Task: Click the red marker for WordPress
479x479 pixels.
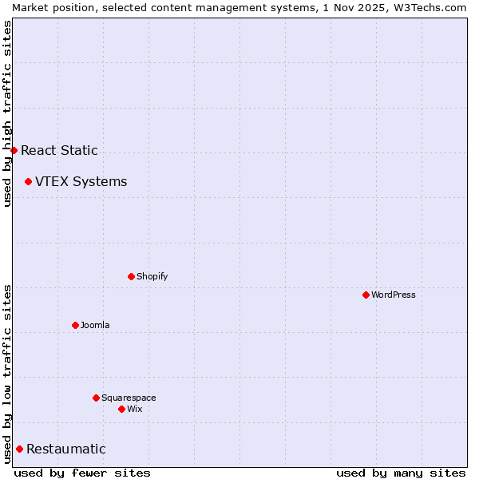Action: pos(366,295)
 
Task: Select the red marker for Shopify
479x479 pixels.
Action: pos(131,276)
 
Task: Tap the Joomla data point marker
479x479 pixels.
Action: pos(75,325)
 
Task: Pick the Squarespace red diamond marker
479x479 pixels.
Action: pos(96,398)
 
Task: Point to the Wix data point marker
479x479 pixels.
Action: pos(121,409)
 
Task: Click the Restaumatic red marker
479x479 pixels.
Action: pos(19,449)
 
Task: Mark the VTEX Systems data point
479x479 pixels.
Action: pos(28,181)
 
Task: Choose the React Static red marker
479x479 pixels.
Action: pos(14,150)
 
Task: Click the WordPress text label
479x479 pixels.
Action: pos(394,295)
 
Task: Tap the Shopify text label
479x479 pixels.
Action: pos(152,276)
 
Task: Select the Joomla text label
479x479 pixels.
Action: pos(95,325)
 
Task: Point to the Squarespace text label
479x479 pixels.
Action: pos(129,398)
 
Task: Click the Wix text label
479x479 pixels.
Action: pos(134,409)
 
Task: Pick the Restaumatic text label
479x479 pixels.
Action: pos(65,449)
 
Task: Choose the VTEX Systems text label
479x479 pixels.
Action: pos(81,181)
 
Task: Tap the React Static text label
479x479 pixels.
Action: pos(59,150)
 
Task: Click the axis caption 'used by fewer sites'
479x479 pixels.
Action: pos(82,473)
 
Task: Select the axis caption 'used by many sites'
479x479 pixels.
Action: pos(401,473)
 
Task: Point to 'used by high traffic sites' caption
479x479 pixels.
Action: pos(7,113)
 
